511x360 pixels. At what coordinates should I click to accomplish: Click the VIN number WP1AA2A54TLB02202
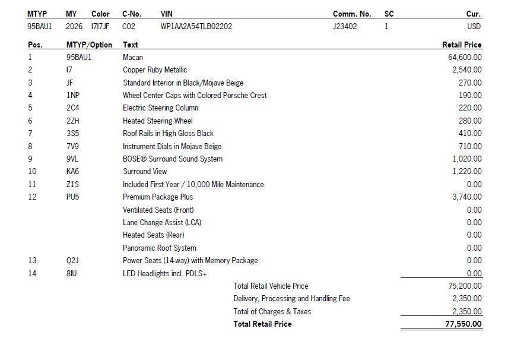click(196, 27)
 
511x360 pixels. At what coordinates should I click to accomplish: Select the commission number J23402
click(345, 27)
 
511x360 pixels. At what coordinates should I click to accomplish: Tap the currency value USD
click(474, 27)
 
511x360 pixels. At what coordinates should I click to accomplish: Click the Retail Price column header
click(462, 45)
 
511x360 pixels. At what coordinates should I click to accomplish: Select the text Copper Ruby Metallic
click(154, 70)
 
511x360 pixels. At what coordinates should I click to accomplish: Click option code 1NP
click(72, 96)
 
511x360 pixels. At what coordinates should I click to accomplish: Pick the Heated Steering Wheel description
click(157, 121)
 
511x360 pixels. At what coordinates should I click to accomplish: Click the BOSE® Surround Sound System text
click(172, 159)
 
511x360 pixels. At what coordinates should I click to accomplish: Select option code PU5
click(72, 197)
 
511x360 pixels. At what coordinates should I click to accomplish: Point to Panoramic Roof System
click(159, 248)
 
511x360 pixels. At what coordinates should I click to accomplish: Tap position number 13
click(32, 261)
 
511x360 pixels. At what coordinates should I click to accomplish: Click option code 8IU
click(72, 274)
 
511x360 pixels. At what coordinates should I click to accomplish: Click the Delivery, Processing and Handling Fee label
click(291, 299)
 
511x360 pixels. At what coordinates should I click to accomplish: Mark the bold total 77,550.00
click(463, 324)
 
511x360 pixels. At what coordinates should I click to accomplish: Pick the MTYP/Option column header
click(89, 45)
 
